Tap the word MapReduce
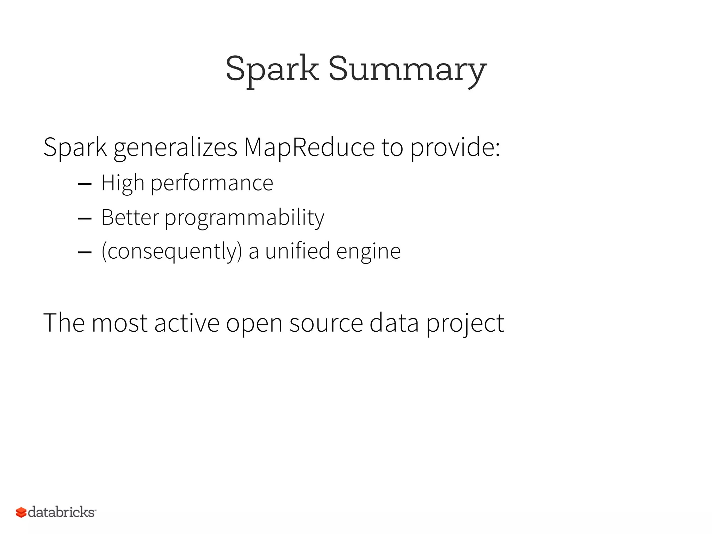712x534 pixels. pos(309,147)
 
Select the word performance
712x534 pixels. pos(212,184)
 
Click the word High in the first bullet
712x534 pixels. pos(122,184)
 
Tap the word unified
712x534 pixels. pos(298,251)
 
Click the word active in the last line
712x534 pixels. pos(187,323)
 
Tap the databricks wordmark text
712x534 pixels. pos(61,512)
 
